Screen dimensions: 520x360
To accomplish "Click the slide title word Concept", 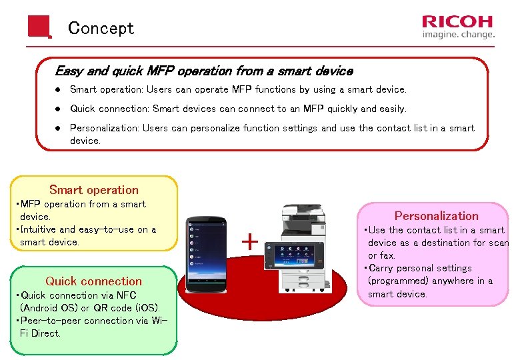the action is click(101, 29).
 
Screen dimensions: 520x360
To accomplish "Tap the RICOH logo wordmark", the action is click(458, 22).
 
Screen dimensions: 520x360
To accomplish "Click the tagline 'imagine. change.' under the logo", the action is click(458, 35).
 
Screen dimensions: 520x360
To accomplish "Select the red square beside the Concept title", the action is click(39, 27).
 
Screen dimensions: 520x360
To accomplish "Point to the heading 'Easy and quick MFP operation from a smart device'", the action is click(203, 71).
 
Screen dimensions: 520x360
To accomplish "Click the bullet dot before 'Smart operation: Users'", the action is click(59, 89).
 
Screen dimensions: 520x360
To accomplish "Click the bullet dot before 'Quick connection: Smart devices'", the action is click(59, 109).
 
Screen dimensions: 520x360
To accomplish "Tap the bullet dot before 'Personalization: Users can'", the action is click(59, 128).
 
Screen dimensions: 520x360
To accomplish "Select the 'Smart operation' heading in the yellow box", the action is click(94, 190).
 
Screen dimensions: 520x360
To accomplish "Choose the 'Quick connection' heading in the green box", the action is click(94, 281).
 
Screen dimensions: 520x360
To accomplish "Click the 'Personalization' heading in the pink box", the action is click(436, 216).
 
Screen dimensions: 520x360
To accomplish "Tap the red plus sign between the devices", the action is click(249, 241).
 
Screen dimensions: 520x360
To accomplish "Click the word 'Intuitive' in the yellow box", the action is click(41, 230).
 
